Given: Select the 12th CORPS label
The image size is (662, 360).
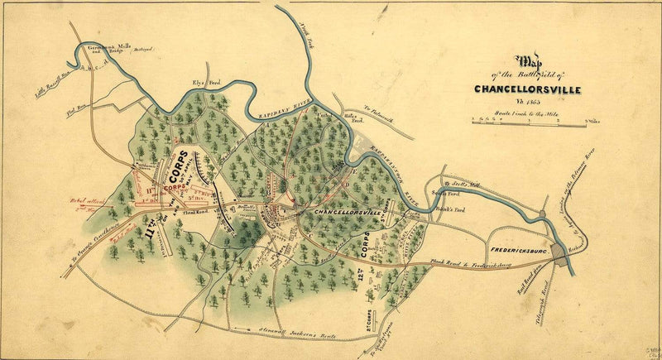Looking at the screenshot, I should coord(365,249).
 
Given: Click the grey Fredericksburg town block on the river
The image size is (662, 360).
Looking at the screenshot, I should coord(565,254).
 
